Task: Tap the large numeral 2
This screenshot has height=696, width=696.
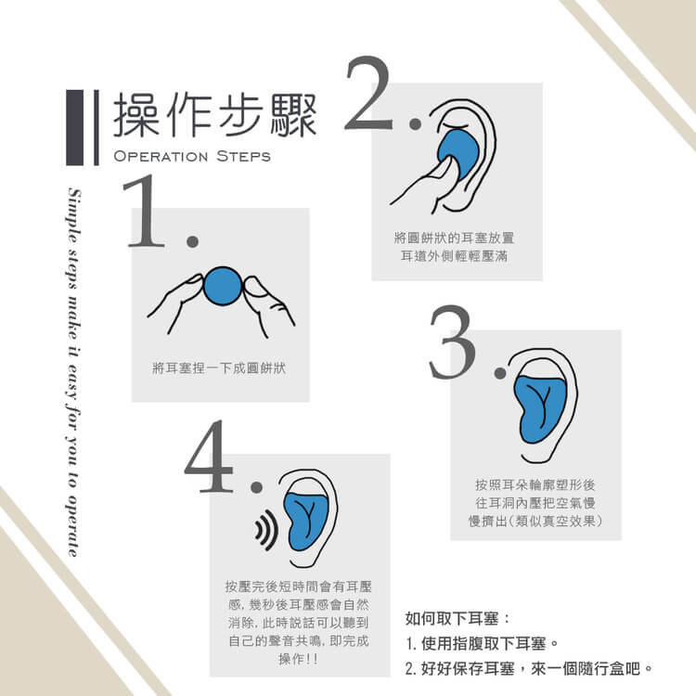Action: pos(368,93)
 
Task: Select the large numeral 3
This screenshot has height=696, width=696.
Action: pos(452,342)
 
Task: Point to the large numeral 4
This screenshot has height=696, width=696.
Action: pos(209,457)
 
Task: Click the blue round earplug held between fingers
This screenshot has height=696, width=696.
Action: pos(223,286)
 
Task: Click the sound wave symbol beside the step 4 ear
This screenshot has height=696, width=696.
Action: pos(266,530)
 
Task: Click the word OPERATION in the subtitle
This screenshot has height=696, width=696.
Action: pos(161,156)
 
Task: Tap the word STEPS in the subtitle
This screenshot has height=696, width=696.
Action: pos(243,156)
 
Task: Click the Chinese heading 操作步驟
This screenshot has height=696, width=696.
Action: pos(215,115)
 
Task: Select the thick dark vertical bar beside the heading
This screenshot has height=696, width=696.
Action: pos(75,128)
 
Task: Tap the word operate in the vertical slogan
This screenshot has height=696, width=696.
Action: pos(73,529)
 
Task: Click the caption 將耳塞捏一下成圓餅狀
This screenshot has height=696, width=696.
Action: pos(219,368)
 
